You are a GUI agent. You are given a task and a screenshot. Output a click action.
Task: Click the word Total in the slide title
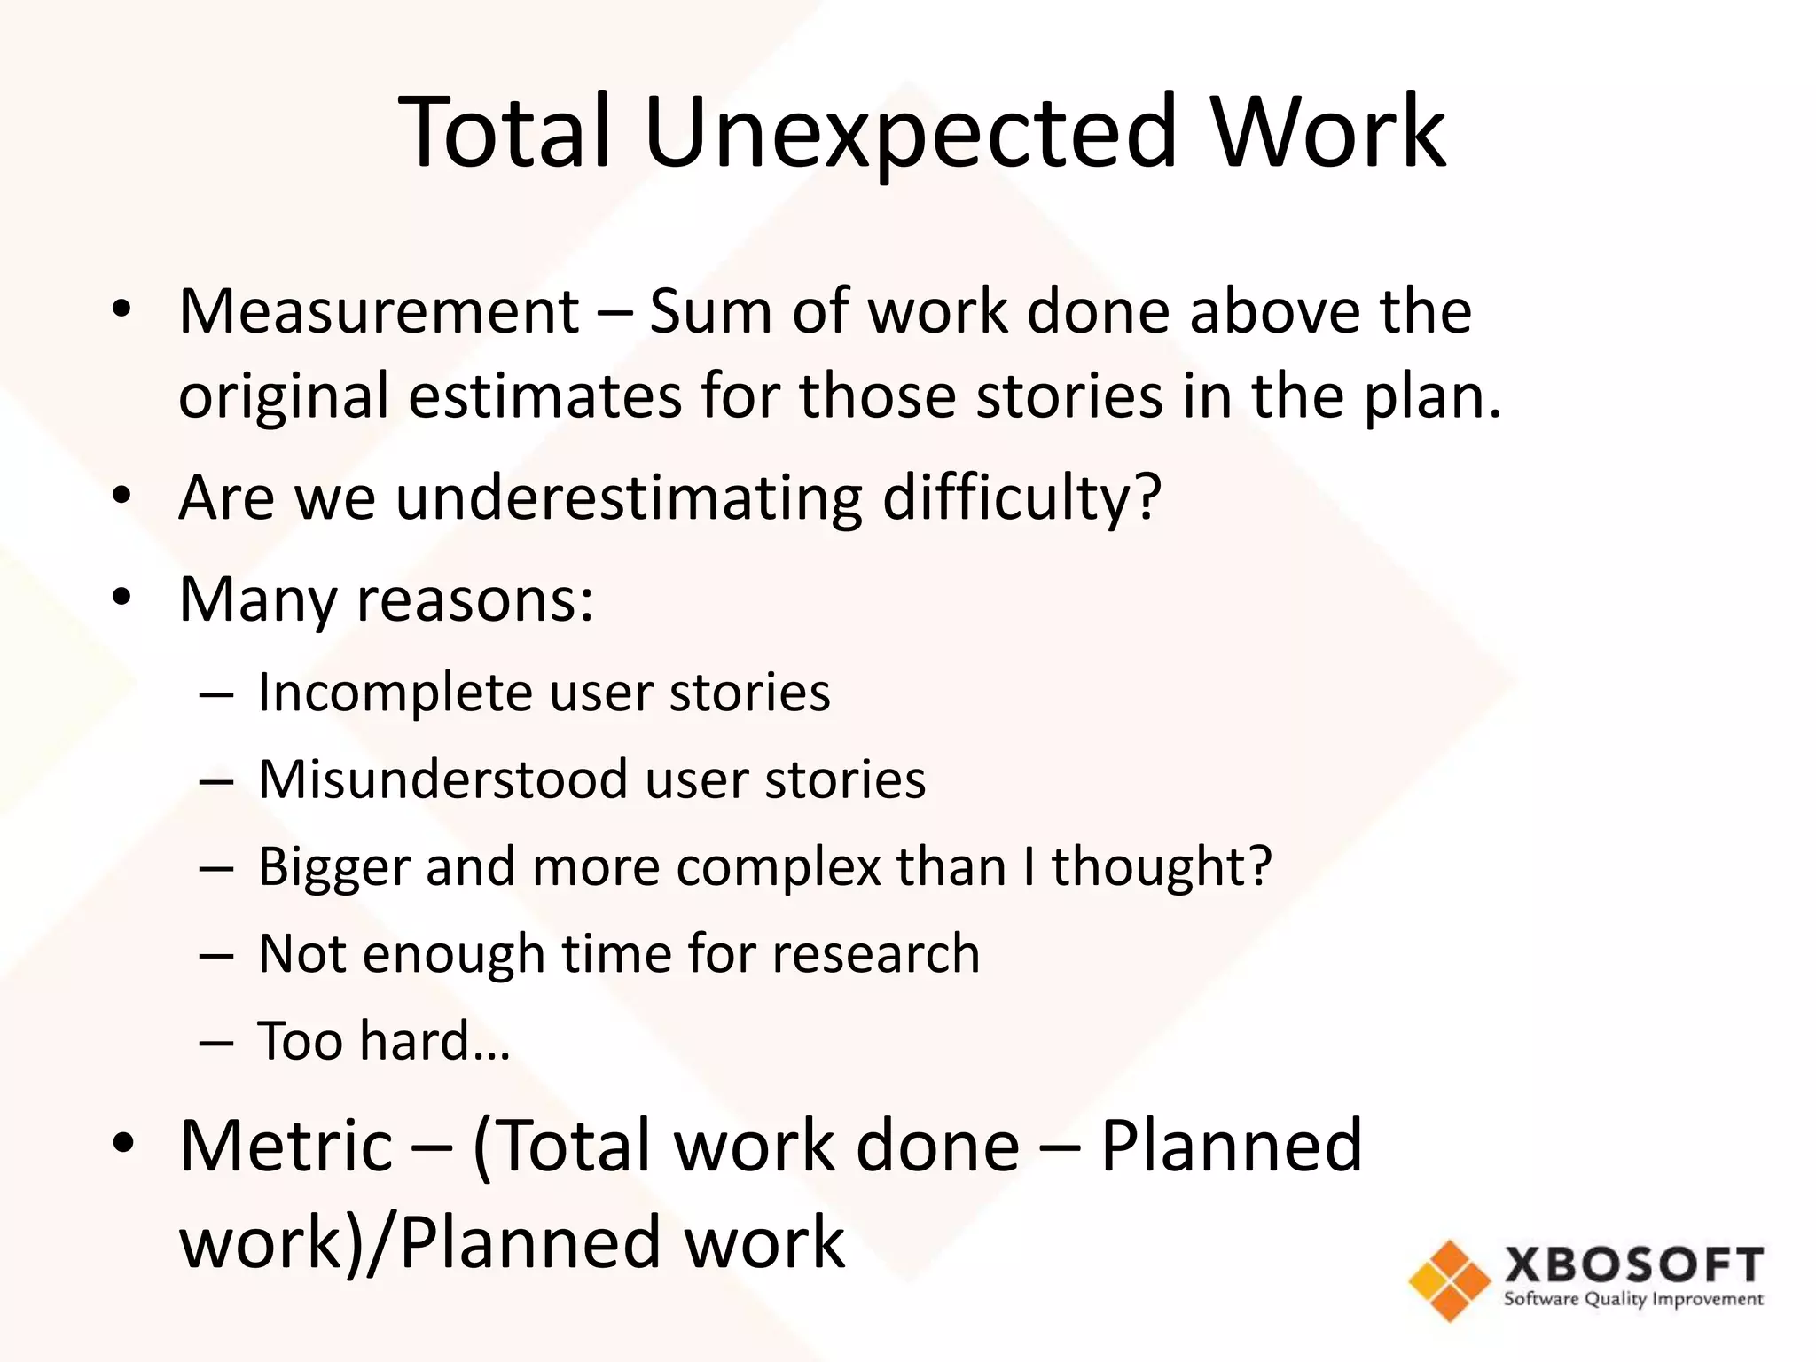[x=506, y=133]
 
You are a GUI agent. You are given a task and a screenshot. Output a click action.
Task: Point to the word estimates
[x=544, y=395]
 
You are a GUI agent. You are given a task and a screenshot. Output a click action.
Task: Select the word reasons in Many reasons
[x=474, y=599]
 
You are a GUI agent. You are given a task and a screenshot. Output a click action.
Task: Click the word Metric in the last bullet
[x=286, y=1146]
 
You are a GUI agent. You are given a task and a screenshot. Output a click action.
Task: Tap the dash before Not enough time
[x=216, y=955]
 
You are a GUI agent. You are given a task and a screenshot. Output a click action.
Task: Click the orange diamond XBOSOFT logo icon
[x=1450, y=1280]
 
